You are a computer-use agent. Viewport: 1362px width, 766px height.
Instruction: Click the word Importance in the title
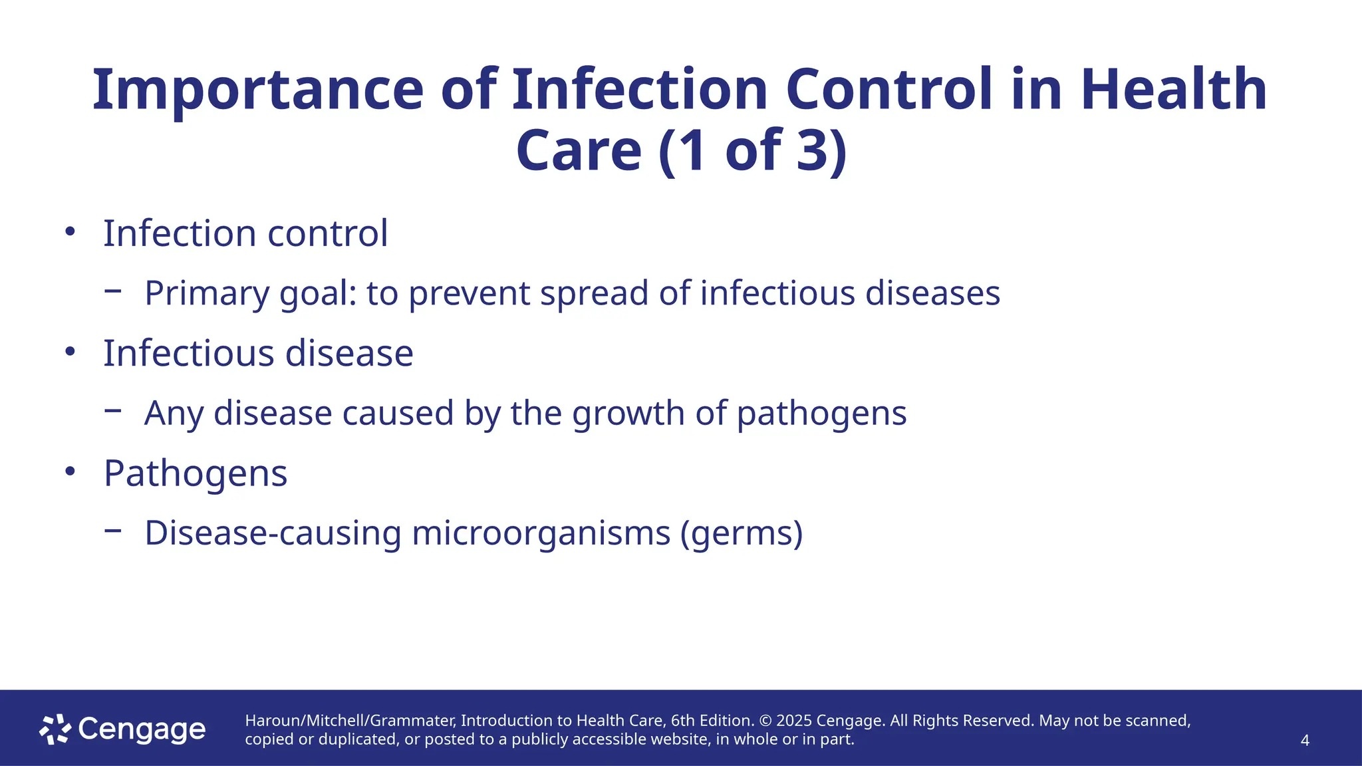pos(257,90)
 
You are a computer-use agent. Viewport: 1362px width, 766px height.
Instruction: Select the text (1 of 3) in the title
pos(753,150)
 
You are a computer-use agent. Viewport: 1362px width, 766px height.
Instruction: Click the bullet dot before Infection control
pos(70,232)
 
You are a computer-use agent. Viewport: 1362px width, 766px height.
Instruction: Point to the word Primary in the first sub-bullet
pos(207,293)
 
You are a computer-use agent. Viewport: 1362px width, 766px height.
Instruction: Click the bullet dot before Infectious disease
pos(70,352)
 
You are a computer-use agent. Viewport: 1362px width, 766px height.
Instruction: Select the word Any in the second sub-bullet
pos(174,413)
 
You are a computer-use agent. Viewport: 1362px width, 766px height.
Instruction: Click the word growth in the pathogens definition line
pos(628,413)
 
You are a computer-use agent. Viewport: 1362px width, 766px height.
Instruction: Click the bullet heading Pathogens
pos(196,473)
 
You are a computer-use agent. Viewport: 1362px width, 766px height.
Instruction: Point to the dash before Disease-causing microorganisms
pos(113,530)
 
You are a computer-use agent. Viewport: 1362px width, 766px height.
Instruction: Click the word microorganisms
pos(541,533)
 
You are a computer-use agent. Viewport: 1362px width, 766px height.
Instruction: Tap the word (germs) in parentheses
pos(742,533)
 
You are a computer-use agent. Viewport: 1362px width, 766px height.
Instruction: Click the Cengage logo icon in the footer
pos(55,729)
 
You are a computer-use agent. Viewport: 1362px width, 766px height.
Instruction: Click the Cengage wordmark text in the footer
pos(142,729)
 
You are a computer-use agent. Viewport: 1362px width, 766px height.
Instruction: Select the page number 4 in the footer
pos(1305,741)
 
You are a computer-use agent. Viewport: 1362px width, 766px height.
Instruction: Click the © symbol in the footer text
pos(765,721)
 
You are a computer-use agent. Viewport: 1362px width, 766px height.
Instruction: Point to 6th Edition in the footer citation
pos(711,721)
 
